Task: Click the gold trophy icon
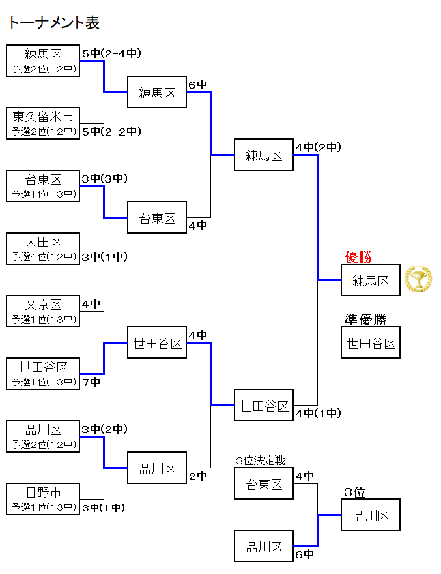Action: [418, 279]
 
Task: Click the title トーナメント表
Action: [54, 23]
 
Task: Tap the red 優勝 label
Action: [358, 258]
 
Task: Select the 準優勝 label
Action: [365, 320]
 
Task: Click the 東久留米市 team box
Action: [43, 123]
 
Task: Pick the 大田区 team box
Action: [43, 249]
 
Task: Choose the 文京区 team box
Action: [43, 311]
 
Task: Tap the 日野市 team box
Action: [43, 499]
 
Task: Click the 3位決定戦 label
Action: [261, 461]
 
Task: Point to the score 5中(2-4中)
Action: [111, 53]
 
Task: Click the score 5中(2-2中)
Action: [111, 132]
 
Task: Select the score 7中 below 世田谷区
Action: [91, 382]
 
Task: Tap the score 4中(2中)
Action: [318, 147]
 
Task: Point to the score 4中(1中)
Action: [318, 413]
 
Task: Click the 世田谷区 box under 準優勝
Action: [371, 343]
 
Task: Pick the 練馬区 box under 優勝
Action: [371, 280]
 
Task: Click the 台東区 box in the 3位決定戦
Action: [264, 484]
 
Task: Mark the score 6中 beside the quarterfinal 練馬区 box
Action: [197, 85]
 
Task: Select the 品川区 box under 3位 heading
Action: [371, 515]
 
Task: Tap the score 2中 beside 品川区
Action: [197, 476]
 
